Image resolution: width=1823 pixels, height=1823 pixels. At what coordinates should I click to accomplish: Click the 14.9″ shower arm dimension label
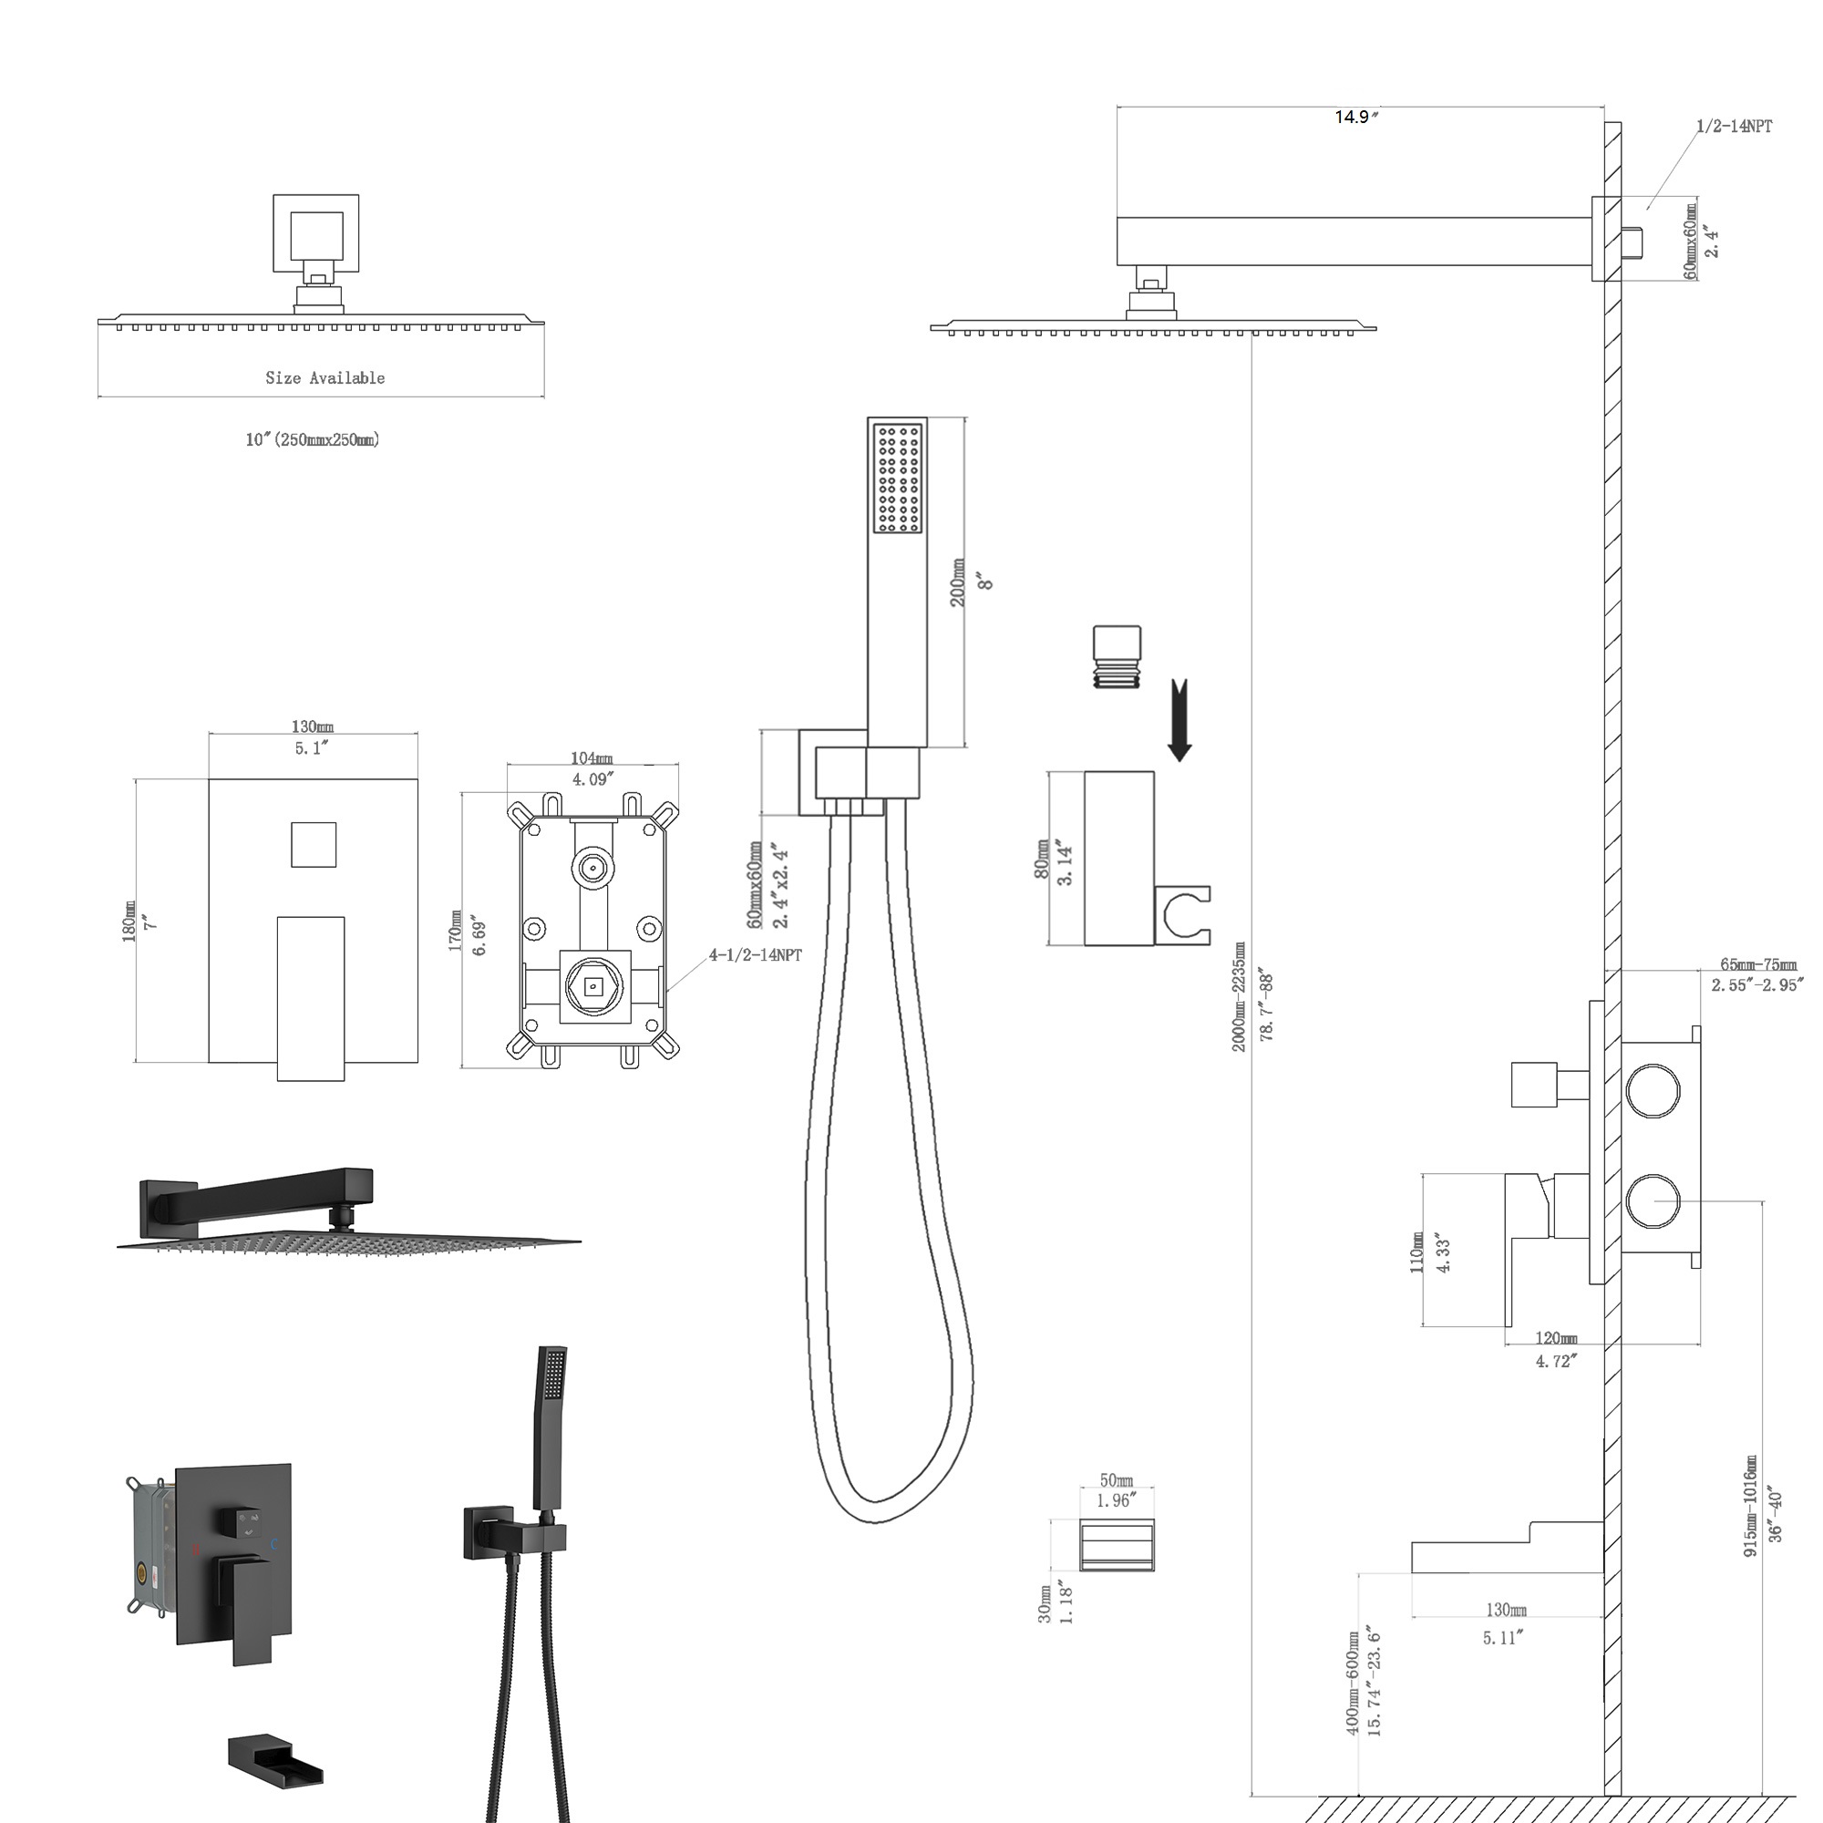click(1356, 117)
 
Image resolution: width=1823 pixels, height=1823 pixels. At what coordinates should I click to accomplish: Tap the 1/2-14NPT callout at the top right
click(1734, 127)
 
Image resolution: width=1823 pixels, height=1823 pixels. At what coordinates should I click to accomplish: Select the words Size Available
click(324, 377)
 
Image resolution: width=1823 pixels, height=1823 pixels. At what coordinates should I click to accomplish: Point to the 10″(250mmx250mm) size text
click(313, 439)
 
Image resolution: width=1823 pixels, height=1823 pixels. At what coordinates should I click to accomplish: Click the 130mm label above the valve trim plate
click(313, 726)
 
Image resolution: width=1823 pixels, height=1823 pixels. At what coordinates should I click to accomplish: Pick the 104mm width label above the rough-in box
click(592, 757)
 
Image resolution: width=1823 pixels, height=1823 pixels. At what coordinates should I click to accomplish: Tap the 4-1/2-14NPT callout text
click(756, 955)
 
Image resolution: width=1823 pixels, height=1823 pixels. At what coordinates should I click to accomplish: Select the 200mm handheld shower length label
click(958, 582)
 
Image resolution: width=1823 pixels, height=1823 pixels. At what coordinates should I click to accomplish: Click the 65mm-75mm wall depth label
click(1759, 964)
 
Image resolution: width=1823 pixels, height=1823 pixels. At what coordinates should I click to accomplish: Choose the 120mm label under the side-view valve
click(1556, 1338)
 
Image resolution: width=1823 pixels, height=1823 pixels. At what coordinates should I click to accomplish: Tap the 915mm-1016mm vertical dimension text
click(1751, 1506)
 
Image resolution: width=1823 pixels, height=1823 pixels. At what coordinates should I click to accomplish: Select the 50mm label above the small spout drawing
click(1117, 1480)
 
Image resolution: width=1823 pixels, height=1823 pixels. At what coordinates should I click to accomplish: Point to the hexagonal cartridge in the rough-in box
click(592, 987)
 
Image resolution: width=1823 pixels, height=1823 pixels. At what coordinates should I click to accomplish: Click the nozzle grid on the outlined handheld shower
click(897, 479)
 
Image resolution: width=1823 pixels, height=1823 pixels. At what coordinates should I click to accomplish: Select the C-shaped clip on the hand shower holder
click(1185, 915)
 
